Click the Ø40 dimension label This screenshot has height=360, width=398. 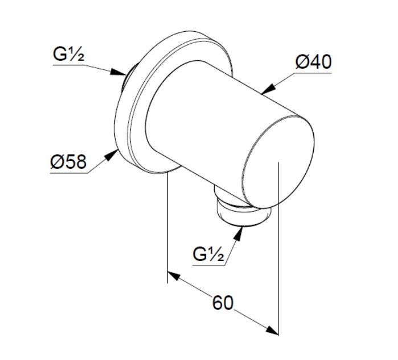[x=314, y=62]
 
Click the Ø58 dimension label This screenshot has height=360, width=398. [x=68, y=162]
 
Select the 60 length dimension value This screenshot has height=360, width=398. [x=223, y=303]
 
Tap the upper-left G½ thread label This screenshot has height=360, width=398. [x=68, y=54]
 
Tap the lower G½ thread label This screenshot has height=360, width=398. [x=208, y=254]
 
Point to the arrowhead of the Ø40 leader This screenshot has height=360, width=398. [x=268, y=89]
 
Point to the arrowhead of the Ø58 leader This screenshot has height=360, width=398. [x=112, y=155]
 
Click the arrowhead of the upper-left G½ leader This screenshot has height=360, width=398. [x=118, y=72]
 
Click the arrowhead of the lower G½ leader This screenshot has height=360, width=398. [x=239, y=233]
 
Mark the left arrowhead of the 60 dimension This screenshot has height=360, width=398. [x=174, y=276]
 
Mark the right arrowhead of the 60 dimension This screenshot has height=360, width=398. [x=272, y=330]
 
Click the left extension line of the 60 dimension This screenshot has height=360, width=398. [x=167, y=227]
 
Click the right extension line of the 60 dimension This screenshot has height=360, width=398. [x=278, y=249]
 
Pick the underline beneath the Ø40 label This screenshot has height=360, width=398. [x=313, y=73]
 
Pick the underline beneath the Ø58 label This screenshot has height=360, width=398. [x=69, y=173]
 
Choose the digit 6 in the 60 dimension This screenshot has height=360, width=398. [x=218, y=303]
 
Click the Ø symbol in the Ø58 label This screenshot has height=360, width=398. [x=56, y=162]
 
